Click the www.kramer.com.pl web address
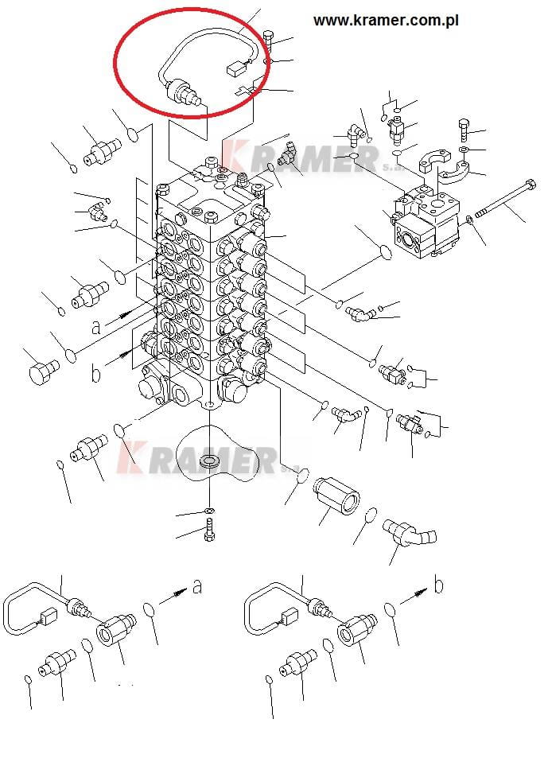pos(386,21)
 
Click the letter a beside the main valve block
pos(97,327)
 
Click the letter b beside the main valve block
pos(96,373)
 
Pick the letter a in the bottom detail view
pos(196,586)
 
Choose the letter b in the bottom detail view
pos(439,585)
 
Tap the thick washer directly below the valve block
pos(209,461)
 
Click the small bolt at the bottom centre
pos(209,529)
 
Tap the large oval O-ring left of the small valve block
pos(386,252)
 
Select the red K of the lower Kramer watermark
pos(130,456)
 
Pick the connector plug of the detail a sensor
pos(48,616)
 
